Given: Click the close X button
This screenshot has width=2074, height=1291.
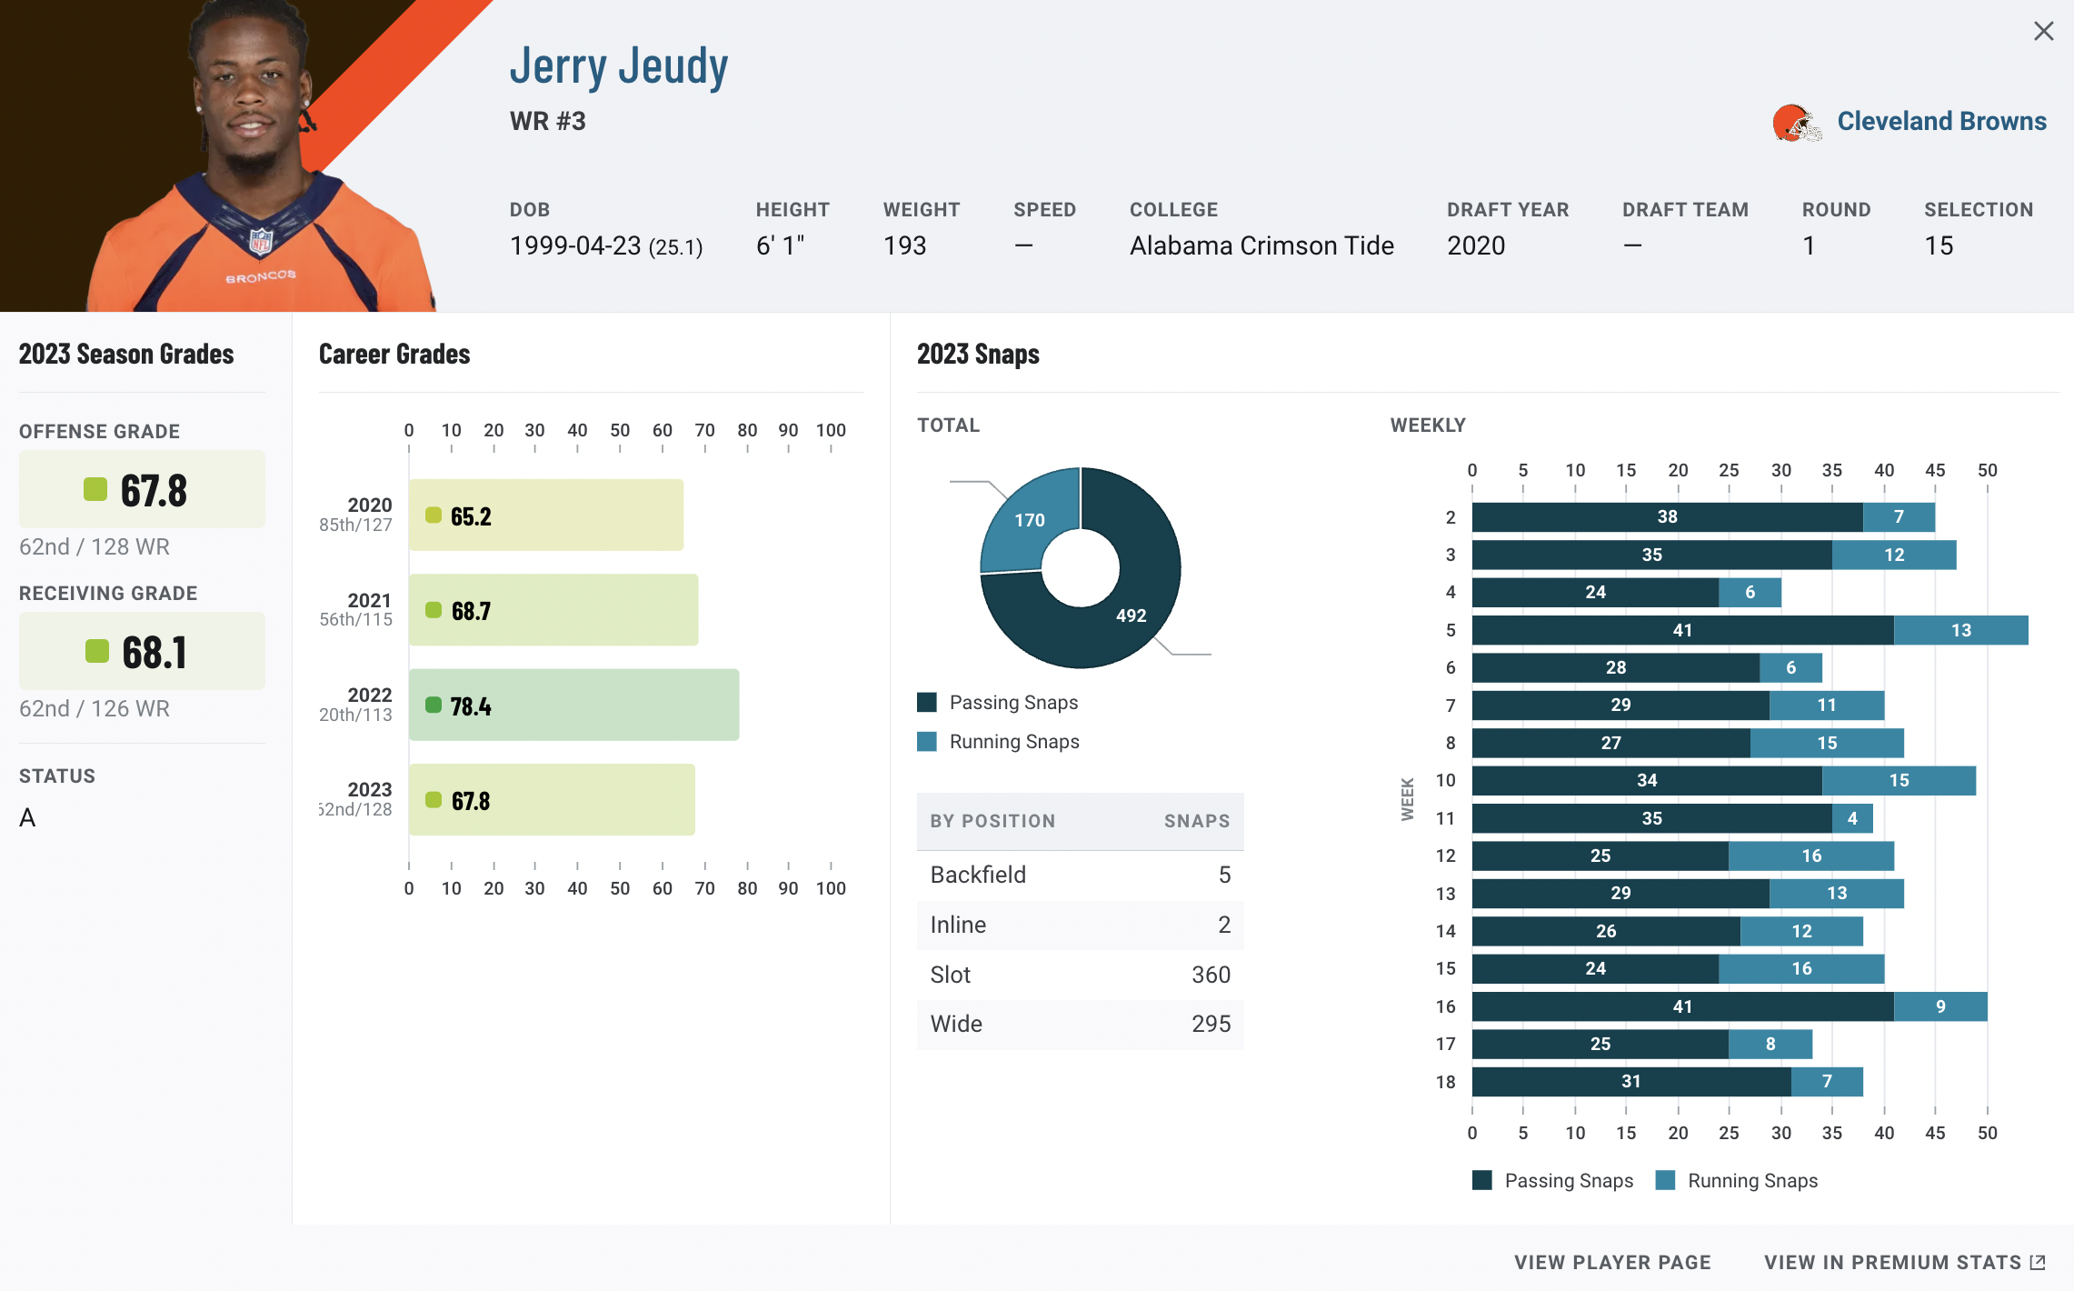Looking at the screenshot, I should tap(2043, 32).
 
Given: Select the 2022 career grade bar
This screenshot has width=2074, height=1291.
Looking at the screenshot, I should tap(573, 705).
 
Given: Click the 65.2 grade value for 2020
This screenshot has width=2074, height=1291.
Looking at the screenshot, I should tap(471, 516).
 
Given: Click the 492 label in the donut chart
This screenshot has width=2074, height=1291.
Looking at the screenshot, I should tap(1131, 615).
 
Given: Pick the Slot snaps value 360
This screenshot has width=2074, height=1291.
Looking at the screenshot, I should tap(1211, 975).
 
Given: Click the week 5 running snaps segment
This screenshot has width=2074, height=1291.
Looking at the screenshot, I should tap(1960, 630).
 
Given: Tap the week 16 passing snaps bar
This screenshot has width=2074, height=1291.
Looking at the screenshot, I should tap(1682, 1006).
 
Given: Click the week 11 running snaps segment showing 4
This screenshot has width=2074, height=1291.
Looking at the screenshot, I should tap(1852, 818).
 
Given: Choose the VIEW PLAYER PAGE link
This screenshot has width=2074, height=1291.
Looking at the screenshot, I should tap(1612, 1262).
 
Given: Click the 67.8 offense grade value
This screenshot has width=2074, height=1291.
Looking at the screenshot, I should tap(154, 491).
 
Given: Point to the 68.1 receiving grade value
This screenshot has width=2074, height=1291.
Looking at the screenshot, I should tap(155, 653).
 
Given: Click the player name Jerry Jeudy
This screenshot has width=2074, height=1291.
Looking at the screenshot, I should tap(618, 66).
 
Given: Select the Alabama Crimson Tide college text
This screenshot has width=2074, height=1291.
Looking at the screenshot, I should tap(1261, 245).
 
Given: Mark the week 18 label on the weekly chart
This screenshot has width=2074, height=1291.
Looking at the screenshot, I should tap(1445, 1082).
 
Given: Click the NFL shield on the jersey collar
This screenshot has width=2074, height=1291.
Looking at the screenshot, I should tap(261, 241).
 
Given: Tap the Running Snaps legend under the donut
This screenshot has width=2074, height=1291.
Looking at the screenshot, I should tap(1013, 742).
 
